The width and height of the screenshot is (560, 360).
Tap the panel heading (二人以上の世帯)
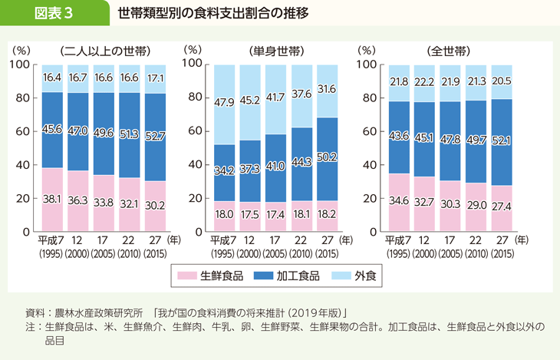tap(104, 51)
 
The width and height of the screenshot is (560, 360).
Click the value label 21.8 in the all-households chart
tap(399, 81)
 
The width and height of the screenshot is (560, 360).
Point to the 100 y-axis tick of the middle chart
tap(193, 64)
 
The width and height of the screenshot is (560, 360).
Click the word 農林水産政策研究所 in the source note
tap(98, 313)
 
